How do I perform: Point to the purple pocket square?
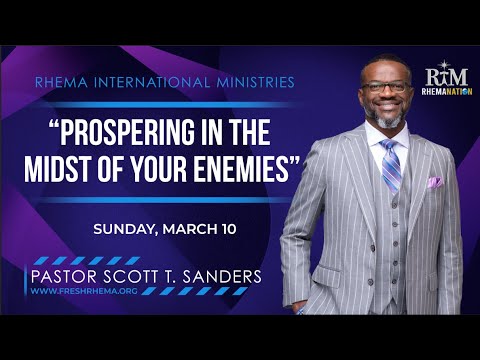tap(435, 182)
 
